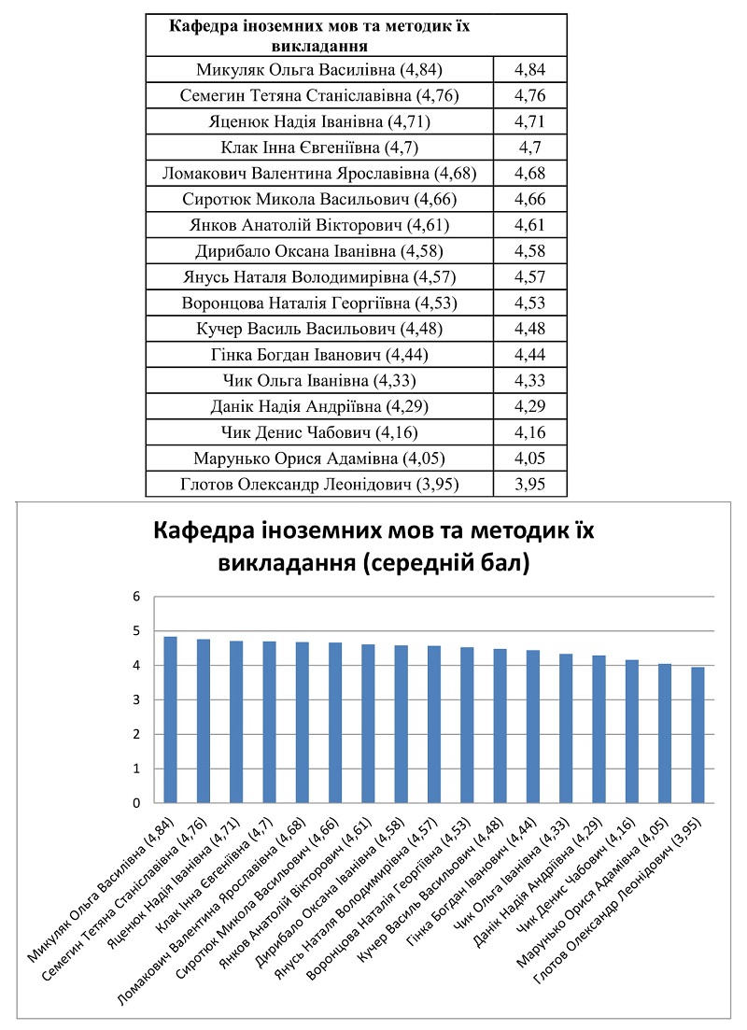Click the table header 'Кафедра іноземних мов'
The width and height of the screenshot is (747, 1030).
318,35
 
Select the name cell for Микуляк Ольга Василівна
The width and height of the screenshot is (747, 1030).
318,69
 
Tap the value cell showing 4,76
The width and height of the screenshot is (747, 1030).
529,95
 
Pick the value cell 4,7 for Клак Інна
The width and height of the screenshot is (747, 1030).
529,148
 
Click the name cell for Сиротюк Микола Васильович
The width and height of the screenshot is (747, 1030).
318,199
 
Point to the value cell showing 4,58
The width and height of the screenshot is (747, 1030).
529,250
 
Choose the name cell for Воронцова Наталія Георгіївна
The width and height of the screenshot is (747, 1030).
318,303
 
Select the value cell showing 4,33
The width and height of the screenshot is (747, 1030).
529,380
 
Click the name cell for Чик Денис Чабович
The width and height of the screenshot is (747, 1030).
318,432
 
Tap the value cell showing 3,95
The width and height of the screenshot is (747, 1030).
529,484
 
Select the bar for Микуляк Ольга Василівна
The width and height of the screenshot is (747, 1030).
171,720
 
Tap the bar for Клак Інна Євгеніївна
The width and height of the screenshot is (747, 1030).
270,723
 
